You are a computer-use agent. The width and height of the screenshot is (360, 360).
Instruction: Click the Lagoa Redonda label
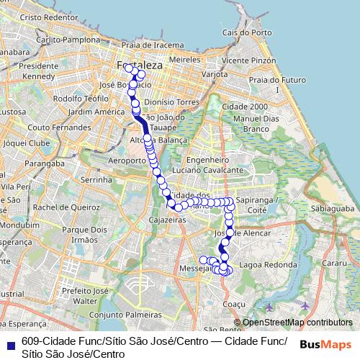(x=268, y=265)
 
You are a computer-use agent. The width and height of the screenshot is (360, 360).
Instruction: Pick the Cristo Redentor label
(x=49, y=17)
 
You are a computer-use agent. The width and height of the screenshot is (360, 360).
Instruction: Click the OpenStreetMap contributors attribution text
(x=297, y=323)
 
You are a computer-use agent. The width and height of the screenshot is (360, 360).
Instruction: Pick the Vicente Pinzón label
(x=249, y=61)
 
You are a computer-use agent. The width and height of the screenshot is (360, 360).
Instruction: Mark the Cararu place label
(x=335, y=264)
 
